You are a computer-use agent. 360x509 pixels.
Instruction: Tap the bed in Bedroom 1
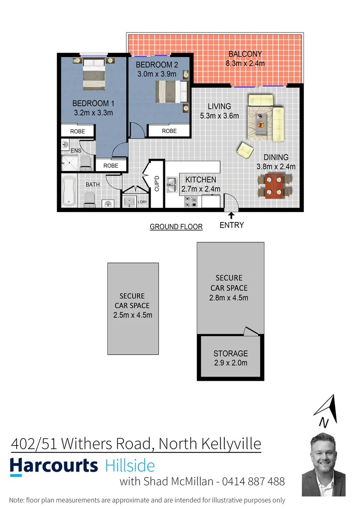point(93,75)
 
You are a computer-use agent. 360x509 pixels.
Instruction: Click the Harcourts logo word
point(54,466)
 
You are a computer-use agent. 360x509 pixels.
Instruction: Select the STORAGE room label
point(230,353)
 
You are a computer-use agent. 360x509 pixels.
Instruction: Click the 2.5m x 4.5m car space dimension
point(132,315)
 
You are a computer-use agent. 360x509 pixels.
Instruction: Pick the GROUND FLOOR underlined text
point(176,227)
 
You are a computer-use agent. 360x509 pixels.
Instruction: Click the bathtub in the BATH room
point(69,191)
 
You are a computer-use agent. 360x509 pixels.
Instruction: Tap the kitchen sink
point(172,185)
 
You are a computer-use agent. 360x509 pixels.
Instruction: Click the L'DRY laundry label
point(142,202)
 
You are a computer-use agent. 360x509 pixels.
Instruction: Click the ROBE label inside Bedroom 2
point(169,131)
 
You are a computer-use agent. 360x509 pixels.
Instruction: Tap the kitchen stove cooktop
point(191,202)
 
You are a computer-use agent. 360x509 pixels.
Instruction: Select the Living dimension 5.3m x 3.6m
point(220,116)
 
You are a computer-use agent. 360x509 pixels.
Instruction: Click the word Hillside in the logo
point(130,466)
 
